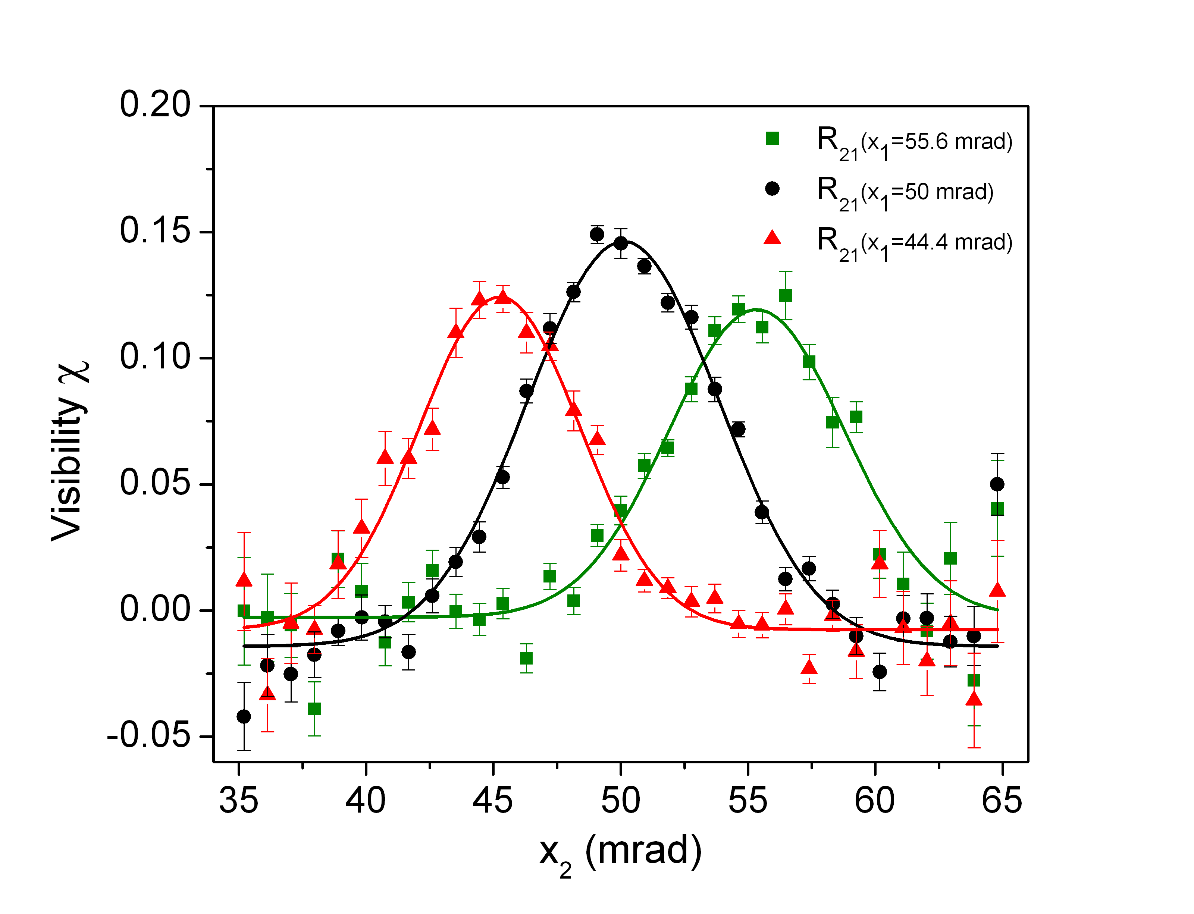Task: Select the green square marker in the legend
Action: coord(772,139)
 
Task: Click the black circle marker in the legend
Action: coord(772,189)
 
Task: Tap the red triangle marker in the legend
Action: coord(772,238)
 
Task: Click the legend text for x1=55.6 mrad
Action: coord(914,142)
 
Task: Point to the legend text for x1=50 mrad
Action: coord(905,192)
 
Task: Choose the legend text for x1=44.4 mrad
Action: coord(914,243)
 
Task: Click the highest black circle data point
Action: coord(597,235)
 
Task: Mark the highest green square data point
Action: coord(785,295)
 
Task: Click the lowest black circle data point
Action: coord(244,716)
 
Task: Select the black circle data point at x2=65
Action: coord(997,484)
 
